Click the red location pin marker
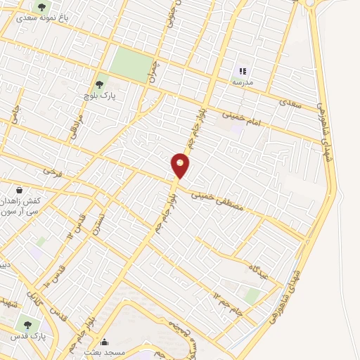(x=181, y=165)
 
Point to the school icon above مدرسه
(x=243, y=70)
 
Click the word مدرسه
(x=243, y=82)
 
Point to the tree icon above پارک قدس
(x=28, y=325)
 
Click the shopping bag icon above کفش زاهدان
(x=19, y=190)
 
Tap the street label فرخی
(x=51, y=171)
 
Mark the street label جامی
(x=15, y=115)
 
